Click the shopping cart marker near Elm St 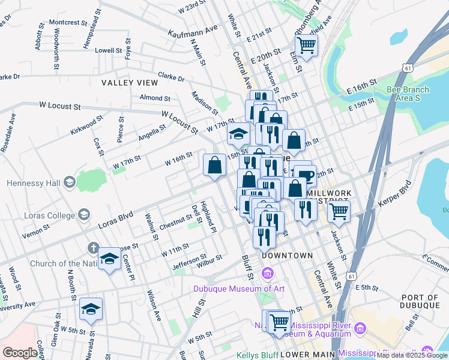point(306,45)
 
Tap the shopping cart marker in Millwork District point(339,211)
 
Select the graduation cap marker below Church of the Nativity point(109,259)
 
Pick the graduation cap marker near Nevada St point(91,309)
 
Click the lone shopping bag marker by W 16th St point(214,165)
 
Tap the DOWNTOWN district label point(287,256)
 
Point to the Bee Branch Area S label point(408,94)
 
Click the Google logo point(20,353)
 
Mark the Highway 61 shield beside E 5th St point(351,275)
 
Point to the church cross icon point(92,247)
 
